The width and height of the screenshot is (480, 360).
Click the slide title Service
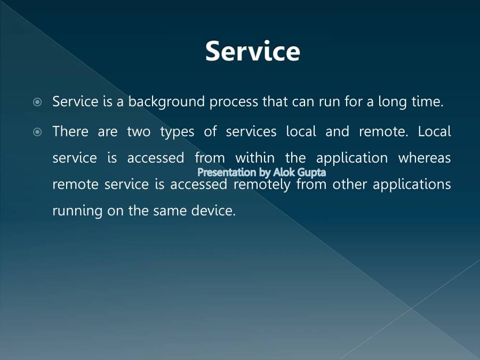tap(252, 51)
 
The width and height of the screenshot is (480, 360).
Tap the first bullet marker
tap(37, 102)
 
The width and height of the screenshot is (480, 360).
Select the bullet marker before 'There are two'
tap(37, 132)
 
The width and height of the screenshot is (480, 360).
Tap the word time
tap(427, 102)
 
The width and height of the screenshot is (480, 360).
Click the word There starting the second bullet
tap(70, 131)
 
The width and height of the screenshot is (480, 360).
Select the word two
tap(138, 132)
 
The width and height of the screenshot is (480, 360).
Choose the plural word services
tap(251, 131)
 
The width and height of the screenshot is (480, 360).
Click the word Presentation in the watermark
tap(227, 172)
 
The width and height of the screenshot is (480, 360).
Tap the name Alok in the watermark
tap(281, 172)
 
